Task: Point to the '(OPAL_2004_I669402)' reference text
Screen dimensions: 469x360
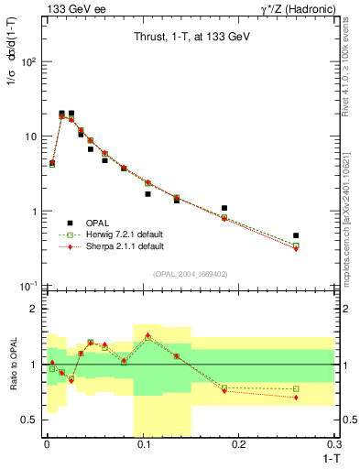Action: pyautogui.click(x=190, y=272)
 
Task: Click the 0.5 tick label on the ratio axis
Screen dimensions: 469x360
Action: pyautogui.click(x=29, y=420)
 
